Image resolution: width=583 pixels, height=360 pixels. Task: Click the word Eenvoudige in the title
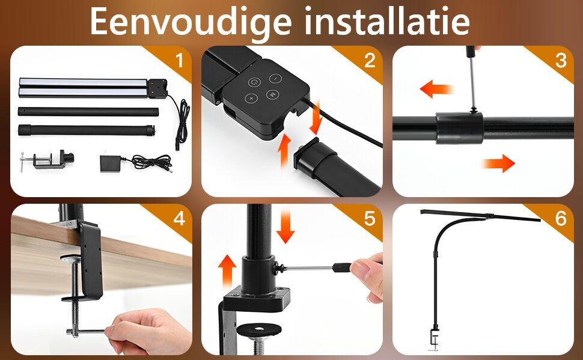pos(191,23)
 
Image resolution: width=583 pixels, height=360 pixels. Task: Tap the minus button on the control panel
pos(275,79)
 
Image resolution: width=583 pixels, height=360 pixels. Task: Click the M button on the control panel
pos(272,94)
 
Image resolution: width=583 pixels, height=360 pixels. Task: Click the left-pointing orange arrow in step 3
pos(436,89)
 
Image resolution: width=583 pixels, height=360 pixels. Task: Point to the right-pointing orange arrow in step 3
pos(498,163)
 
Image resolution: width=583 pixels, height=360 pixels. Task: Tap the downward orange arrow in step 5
pos(285,226)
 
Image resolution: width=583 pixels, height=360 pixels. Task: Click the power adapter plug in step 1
pos(136,163)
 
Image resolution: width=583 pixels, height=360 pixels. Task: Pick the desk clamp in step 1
pos(47,160)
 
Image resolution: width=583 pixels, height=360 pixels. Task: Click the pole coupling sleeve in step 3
pos(460,128)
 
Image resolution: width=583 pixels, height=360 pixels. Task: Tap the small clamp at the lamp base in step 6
pos(435,339)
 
